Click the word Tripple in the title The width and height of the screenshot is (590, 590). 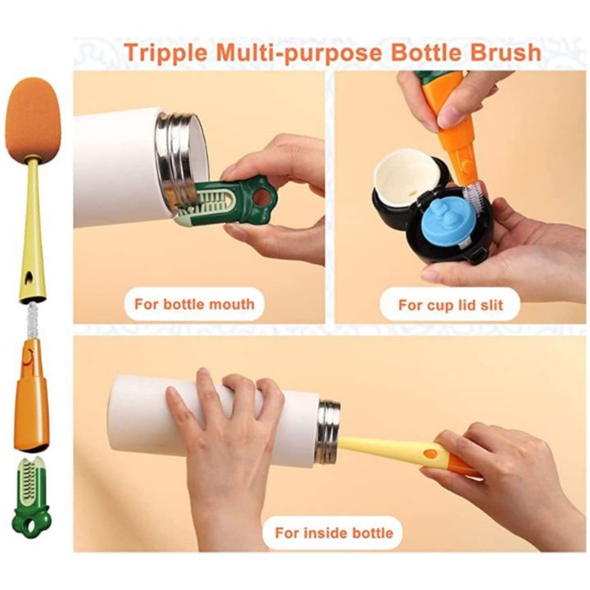[x=166, y=53]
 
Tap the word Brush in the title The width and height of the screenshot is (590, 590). [x=506, y=52]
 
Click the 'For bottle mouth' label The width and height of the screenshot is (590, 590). [x=194, y=304]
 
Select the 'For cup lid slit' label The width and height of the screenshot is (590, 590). [x=451, y=305]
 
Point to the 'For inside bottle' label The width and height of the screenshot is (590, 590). [x=334, y=533]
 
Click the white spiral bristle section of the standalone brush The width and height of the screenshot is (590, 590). [x=32, y=320]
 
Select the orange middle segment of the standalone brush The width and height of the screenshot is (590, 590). [x=31, y=395]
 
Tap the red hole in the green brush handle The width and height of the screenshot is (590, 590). [x=262, y=196]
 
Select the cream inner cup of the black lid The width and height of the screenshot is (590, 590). [x=406, y=174]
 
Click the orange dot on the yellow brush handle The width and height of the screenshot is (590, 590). [x=429, y=453]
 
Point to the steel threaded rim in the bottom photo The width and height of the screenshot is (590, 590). [x=328, y=432]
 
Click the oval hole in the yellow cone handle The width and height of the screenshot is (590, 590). [x=29, y=279]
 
